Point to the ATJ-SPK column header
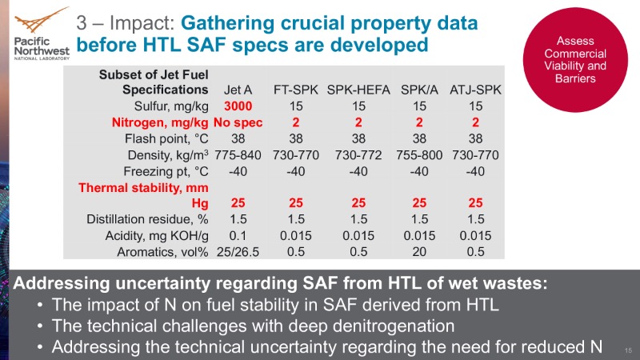[476, 89]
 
